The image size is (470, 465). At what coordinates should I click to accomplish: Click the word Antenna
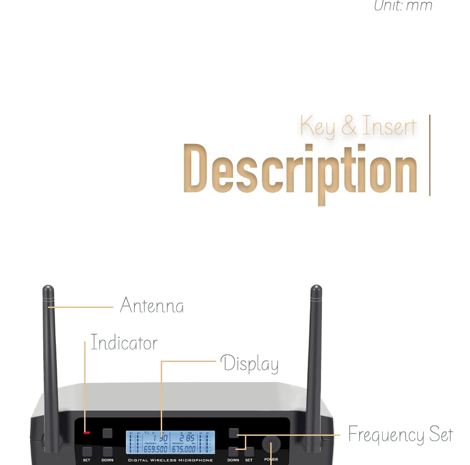[x=152, y=306]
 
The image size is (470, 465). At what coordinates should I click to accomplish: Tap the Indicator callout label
[x=124, y=343]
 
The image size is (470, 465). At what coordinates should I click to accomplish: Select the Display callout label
[x=250, y=364]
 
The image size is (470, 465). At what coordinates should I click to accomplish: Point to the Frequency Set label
[x=400, y=435]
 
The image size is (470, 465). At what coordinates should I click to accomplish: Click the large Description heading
[x=300, y=170]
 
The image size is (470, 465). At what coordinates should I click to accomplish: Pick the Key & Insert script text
[x=358, y=126]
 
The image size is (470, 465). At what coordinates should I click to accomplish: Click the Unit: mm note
[x=403, y=6]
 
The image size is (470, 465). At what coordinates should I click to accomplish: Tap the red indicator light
[x=86, y=432]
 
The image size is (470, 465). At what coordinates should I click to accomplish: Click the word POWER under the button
[x=271, y=459]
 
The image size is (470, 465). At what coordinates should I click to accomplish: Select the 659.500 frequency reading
[x=156, y=449]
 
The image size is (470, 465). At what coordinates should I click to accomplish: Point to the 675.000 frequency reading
[x=184, y=449]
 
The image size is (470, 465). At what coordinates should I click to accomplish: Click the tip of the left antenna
[x=48, y=288]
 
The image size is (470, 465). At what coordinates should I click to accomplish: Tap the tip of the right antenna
[x=316, y=288]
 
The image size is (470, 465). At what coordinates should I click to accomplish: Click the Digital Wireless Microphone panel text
[x=171, y=460]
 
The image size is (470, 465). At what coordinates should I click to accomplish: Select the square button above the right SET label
[x=249, y=451]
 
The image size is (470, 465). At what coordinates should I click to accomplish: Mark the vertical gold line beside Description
[x=430, y=155]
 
